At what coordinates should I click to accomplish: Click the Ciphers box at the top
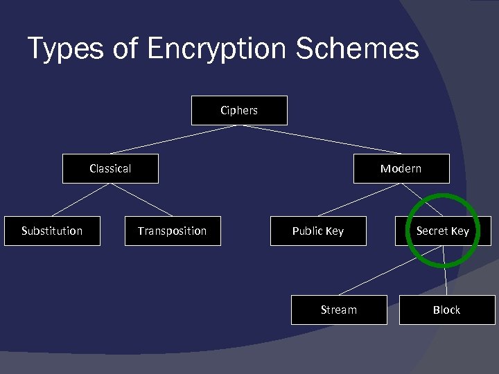pos(239,110)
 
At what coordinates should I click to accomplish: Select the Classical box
pos(110,168)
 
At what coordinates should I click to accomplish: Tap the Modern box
pos(401,168)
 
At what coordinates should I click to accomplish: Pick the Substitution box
pos(52,231)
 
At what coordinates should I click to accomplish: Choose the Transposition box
pos(172,231)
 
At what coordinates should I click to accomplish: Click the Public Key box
pos(317,231)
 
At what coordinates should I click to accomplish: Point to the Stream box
pos(338,310)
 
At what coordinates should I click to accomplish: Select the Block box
pos(446,310)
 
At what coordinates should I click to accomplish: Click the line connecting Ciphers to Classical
pos(175,139)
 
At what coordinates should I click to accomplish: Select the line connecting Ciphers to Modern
pos(320,139)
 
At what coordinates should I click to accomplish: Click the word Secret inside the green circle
pos(432,231)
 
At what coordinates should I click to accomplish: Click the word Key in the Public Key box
pos(334,231)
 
